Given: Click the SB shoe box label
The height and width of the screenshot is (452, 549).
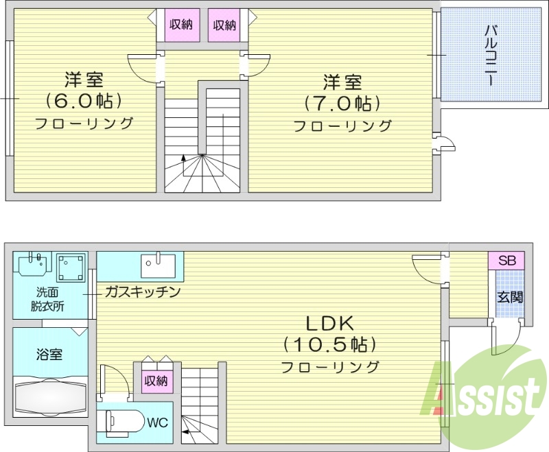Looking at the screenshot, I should pyautogui.click(x=506, y=261).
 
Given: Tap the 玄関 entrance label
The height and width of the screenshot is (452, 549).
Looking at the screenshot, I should pyautogui.click(x=509, y=298).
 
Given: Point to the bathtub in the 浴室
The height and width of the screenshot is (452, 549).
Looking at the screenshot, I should pyautogui.click(x=50, y=396).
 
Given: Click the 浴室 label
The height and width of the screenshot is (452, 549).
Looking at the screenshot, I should pyautogui.click(x=49, y=355).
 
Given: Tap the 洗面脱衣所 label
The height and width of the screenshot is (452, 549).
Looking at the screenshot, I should pyautogui.click(x=47, y=300).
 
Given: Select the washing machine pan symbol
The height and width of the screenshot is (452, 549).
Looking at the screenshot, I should pyautogui.click(x=71, y=268).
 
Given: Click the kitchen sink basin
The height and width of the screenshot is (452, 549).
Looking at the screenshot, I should pyautogui.click(x=158, y=263).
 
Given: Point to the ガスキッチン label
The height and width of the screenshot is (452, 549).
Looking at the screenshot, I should pyautogui.click(x=142, y=292).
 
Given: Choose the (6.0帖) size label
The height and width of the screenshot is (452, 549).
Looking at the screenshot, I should pyautogui.click(x=84, y=101).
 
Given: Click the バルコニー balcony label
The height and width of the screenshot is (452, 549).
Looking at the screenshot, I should pyautogui.click(x=491, y=55).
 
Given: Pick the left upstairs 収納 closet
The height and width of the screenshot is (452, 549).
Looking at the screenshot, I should pyautogui.click(x=180, y=25).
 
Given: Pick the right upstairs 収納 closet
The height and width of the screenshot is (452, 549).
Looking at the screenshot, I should pyautogui.click(x=224, y=25).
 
